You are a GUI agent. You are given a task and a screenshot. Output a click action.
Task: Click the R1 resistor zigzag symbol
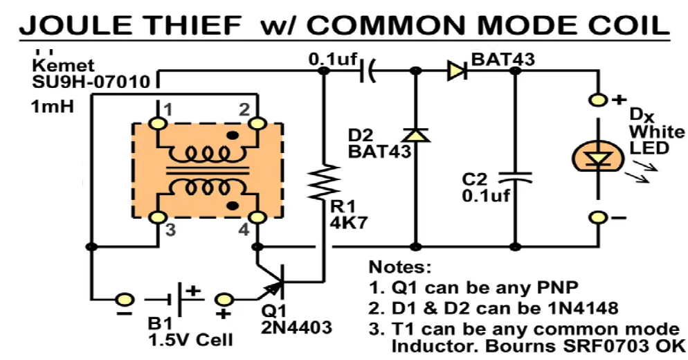pyautogui.click(x=323, y=181)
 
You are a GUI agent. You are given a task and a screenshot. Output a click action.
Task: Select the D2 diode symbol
pyautogui.click(x=416, y=136)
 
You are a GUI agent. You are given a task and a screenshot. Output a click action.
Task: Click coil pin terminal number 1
pyautogui.click(x=157, y=123)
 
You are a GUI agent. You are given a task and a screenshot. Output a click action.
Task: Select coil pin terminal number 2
pyautogui.click(x=258, y=123)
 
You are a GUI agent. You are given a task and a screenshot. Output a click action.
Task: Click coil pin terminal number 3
pyautogui.click(x=157, y=218)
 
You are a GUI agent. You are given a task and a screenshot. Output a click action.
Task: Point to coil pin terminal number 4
pyautogui.click(x=258, y=218)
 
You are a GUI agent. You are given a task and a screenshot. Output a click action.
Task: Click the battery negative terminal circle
pyautogui.click(x=125, y=299)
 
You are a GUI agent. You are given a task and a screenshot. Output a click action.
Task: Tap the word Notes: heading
pyautogui.click(x=399, y=267)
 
